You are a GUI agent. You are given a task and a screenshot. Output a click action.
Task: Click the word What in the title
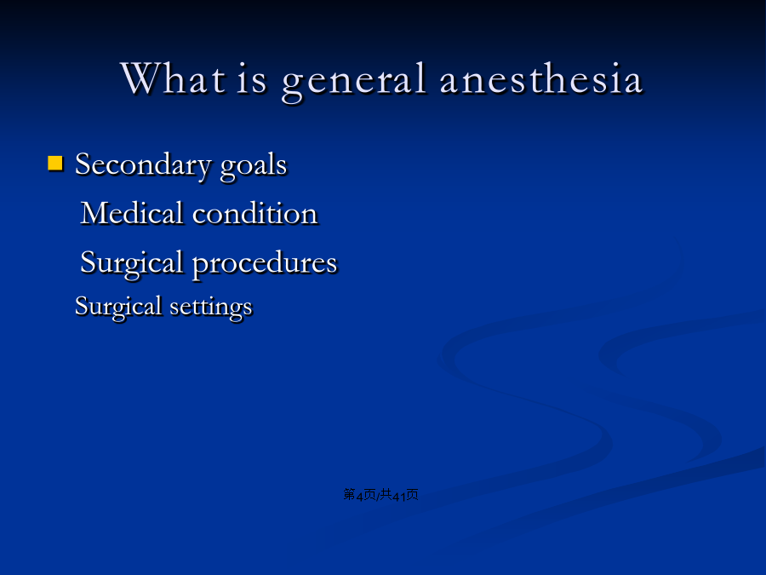pyautogui.click(x=173, y=78)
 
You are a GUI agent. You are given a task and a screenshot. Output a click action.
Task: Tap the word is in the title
pyautogui.click(x=252, y=79)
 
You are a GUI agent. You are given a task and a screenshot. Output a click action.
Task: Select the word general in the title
pyautogui.click(x=354, y=81)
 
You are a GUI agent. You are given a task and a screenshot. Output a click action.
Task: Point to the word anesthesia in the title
pyautogui.click(x=540, y=78)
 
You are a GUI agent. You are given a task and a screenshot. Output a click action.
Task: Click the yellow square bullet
pyautogui.click(x=55, y=163)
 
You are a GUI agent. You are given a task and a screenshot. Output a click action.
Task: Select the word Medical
pyautogui.click(x=131, y=213)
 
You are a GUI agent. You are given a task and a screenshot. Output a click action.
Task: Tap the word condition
pyautogui.click(x=255, y=213)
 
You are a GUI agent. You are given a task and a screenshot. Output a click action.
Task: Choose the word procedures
pyautogui.click(x=265, y=264)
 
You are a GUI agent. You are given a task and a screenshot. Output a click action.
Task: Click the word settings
pyautogui.click(x=211, y=308)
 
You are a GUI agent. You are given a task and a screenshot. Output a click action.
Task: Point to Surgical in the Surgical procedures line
pyautogui.click(x=131, y=264)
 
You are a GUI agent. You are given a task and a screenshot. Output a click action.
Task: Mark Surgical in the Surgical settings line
pyautogui.click(x=118, y=307)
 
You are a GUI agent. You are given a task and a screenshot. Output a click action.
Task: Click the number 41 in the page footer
pyautogui.click(x=399, y=497)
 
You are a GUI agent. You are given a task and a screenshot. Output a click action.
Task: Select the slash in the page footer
pyautogui.click(x=378, y=496)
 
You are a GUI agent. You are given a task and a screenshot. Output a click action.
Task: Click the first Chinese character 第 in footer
pyautogui.click(x=350, y=494)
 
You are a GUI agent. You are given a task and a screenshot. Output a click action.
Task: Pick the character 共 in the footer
pyautogui.click(x=386, y=494)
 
